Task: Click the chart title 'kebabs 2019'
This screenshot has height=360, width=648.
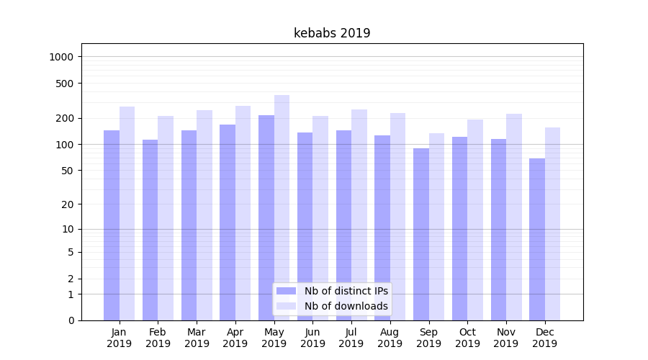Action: point(332,33)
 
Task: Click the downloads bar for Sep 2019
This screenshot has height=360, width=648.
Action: point(436,226)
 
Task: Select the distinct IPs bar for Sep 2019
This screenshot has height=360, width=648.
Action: point(421,234)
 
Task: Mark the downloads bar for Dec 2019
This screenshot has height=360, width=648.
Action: point(552,223)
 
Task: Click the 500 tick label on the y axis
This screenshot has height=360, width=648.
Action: point(66,84)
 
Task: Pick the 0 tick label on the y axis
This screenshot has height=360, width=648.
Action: point(71,320)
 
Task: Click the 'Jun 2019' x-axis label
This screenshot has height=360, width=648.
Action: point(312,338)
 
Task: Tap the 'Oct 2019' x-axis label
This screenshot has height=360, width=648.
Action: point(467,338)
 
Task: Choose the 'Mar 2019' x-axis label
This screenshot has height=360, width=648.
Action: point(197,338)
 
